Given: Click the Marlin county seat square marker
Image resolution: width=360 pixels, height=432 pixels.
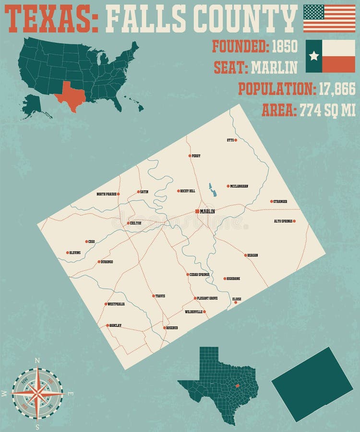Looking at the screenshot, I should tap(197, 211).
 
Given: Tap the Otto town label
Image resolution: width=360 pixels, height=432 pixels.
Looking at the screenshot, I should tap(229, 140).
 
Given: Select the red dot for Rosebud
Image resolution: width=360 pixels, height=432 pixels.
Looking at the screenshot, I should tap(164, 328).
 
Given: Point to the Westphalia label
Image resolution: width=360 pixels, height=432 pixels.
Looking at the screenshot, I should tap(116, 304).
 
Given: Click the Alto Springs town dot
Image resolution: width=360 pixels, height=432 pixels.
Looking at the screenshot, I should tap(294, 221).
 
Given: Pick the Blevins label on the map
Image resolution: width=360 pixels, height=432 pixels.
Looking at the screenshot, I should tap(75, 252).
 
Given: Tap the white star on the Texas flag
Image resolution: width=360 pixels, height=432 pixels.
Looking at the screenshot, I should tap(314, 56).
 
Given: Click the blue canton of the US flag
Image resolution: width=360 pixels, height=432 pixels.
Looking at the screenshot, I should tap(313, 12).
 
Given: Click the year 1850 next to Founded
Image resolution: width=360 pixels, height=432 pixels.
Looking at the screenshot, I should tap(285, 47).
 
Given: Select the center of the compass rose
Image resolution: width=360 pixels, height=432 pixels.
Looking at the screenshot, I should tap(37, 393).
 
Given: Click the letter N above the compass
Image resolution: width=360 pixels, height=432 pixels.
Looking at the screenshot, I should tap(37, 360).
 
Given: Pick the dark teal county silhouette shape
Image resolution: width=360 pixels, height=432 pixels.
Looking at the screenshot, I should tap(312, 384).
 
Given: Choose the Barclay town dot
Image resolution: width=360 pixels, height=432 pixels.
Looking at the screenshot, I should tap(108, 325).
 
